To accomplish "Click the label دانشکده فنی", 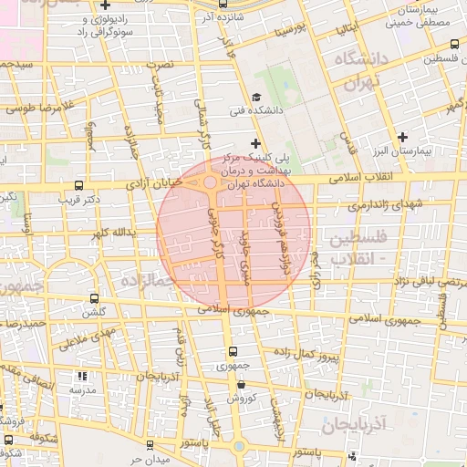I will pos(257,112).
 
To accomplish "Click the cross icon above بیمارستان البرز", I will pos(403,137).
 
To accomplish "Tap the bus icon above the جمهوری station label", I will pos(232,352).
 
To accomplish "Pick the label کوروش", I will pos(232,400).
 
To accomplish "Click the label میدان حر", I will pos(149,458).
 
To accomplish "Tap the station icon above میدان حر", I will pos(149,445).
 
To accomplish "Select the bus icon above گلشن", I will pos(95,298).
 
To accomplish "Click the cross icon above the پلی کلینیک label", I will pos(255,143).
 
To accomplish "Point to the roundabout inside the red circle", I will pos(211,182).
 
